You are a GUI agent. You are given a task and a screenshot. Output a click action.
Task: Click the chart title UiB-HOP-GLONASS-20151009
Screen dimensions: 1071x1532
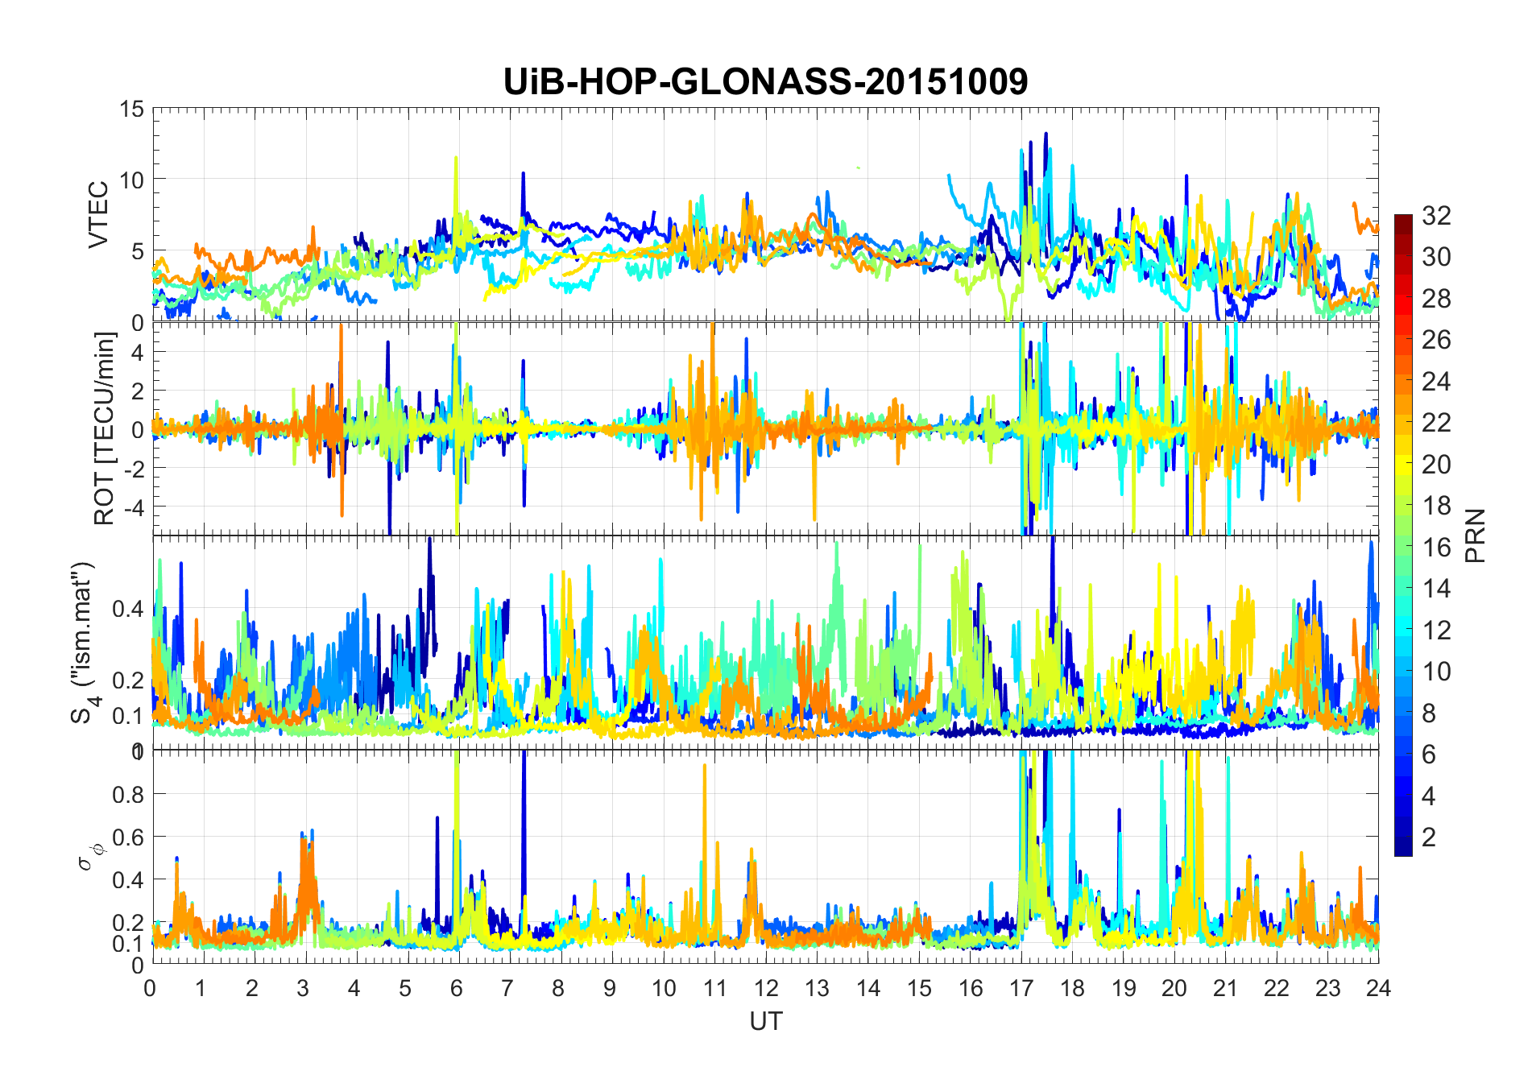click(x=765, y=81)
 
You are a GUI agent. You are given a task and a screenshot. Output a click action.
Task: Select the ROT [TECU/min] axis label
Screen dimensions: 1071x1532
click(x=105, y=428)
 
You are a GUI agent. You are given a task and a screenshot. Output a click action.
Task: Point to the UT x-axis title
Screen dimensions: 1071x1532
click(x=765, y=1021)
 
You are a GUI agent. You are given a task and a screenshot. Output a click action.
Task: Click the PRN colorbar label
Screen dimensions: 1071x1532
click(x=1476, y=535)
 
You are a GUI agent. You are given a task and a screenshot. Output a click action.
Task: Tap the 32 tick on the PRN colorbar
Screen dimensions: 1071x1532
click(x=1436, y=215)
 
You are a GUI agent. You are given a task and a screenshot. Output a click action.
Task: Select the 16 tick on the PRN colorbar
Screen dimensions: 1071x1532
click(x=1436, y=548)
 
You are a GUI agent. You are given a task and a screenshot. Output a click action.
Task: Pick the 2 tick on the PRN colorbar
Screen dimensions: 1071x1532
click(x=1429, y=837)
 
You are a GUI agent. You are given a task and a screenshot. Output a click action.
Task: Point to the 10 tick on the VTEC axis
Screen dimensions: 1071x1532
click(x=132, y=180)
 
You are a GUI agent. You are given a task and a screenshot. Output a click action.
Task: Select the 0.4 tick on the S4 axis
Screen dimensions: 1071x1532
click(x=127, y=608)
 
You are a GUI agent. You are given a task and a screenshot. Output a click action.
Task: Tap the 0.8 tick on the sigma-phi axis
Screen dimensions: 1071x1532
click(x=127, y=794)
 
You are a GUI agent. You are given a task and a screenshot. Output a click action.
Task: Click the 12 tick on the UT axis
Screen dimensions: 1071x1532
click(x=765, y=988)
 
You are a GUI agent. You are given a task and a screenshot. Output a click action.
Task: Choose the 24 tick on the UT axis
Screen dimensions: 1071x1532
click(x=1378, y=988)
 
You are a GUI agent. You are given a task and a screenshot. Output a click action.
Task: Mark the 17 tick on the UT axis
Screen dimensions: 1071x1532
click(x=1021, y=988)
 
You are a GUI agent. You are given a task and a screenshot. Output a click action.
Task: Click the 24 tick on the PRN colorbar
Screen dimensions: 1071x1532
click(x=1436, y=381)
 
